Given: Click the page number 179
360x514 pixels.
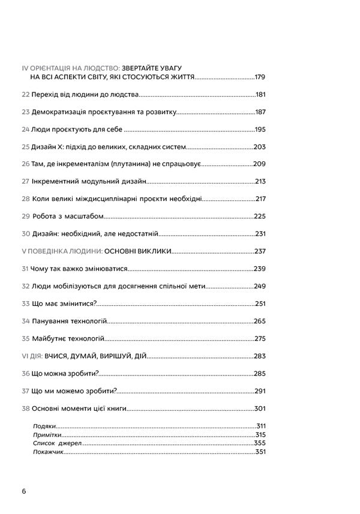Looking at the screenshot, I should (260, 77).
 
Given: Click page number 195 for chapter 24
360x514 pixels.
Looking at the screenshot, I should (260, 130).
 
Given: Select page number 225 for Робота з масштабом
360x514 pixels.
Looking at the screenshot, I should (260, 216).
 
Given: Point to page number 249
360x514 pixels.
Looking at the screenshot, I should (260, 286).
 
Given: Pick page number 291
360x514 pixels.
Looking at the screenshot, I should (260, 391).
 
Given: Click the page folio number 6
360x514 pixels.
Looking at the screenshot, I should (23, 491).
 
